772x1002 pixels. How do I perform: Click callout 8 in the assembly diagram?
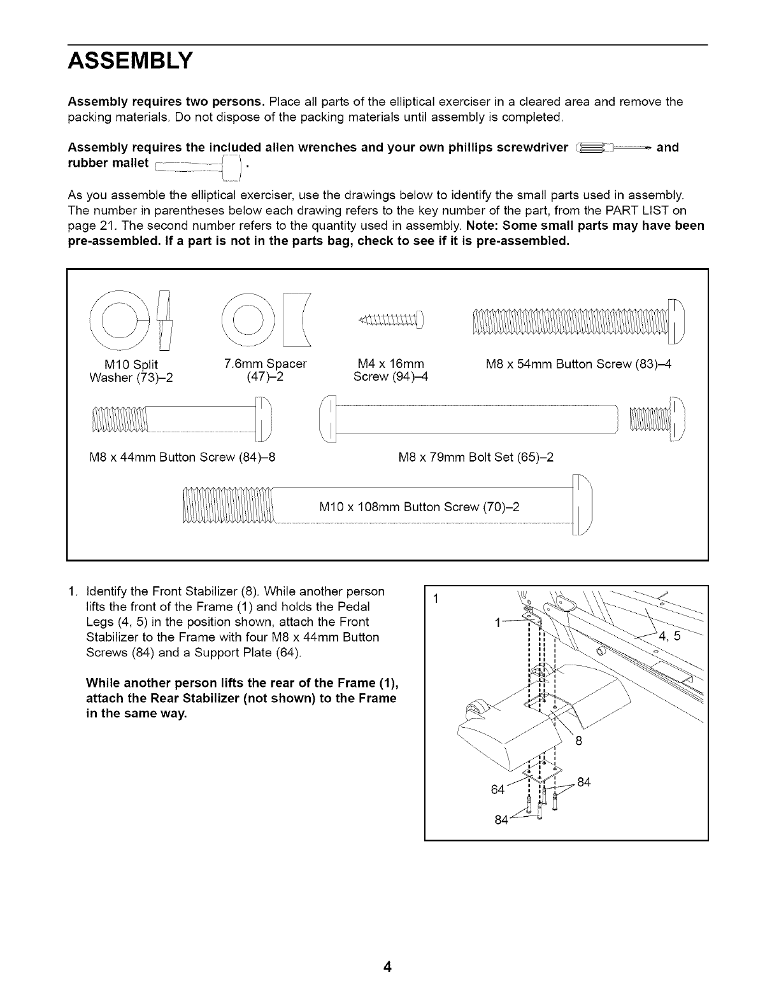tap(579, 741)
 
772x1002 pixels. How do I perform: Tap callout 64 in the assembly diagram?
tap(497, 790)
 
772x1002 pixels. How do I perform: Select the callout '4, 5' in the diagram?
tap(669, 635)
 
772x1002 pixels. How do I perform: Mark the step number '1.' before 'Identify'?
tap(72, 591)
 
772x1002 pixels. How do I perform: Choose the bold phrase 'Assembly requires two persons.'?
tap(166, 102)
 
